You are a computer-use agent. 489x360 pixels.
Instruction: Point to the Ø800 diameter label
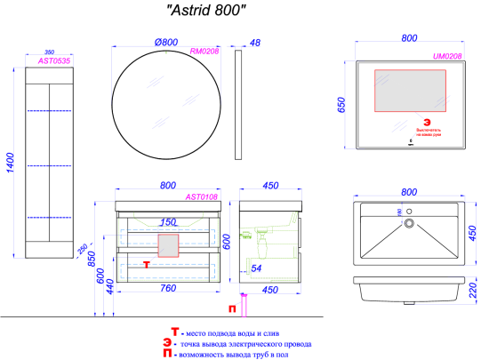click(x=168, y=41)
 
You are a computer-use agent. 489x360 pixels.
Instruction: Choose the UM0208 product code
click(x=446, y=55)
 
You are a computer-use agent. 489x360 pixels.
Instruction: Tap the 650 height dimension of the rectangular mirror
click(x=339, y=105)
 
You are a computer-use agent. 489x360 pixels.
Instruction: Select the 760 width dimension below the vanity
click(x=166, y=287)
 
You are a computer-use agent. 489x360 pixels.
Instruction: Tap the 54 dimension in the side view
click(x=255, y=268)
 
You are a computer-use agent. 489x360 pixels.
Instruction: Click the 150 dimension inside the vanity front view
click(x=167, y=222)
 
